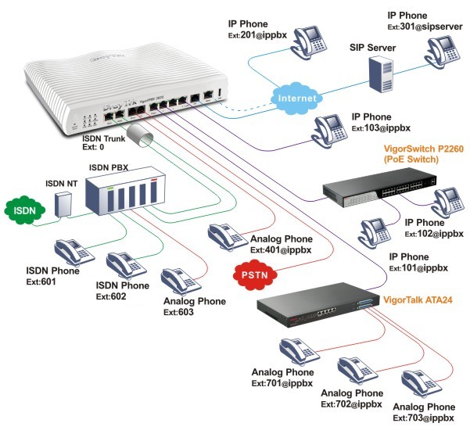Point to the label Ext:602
pyautogui.click(x=113, y=297)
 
